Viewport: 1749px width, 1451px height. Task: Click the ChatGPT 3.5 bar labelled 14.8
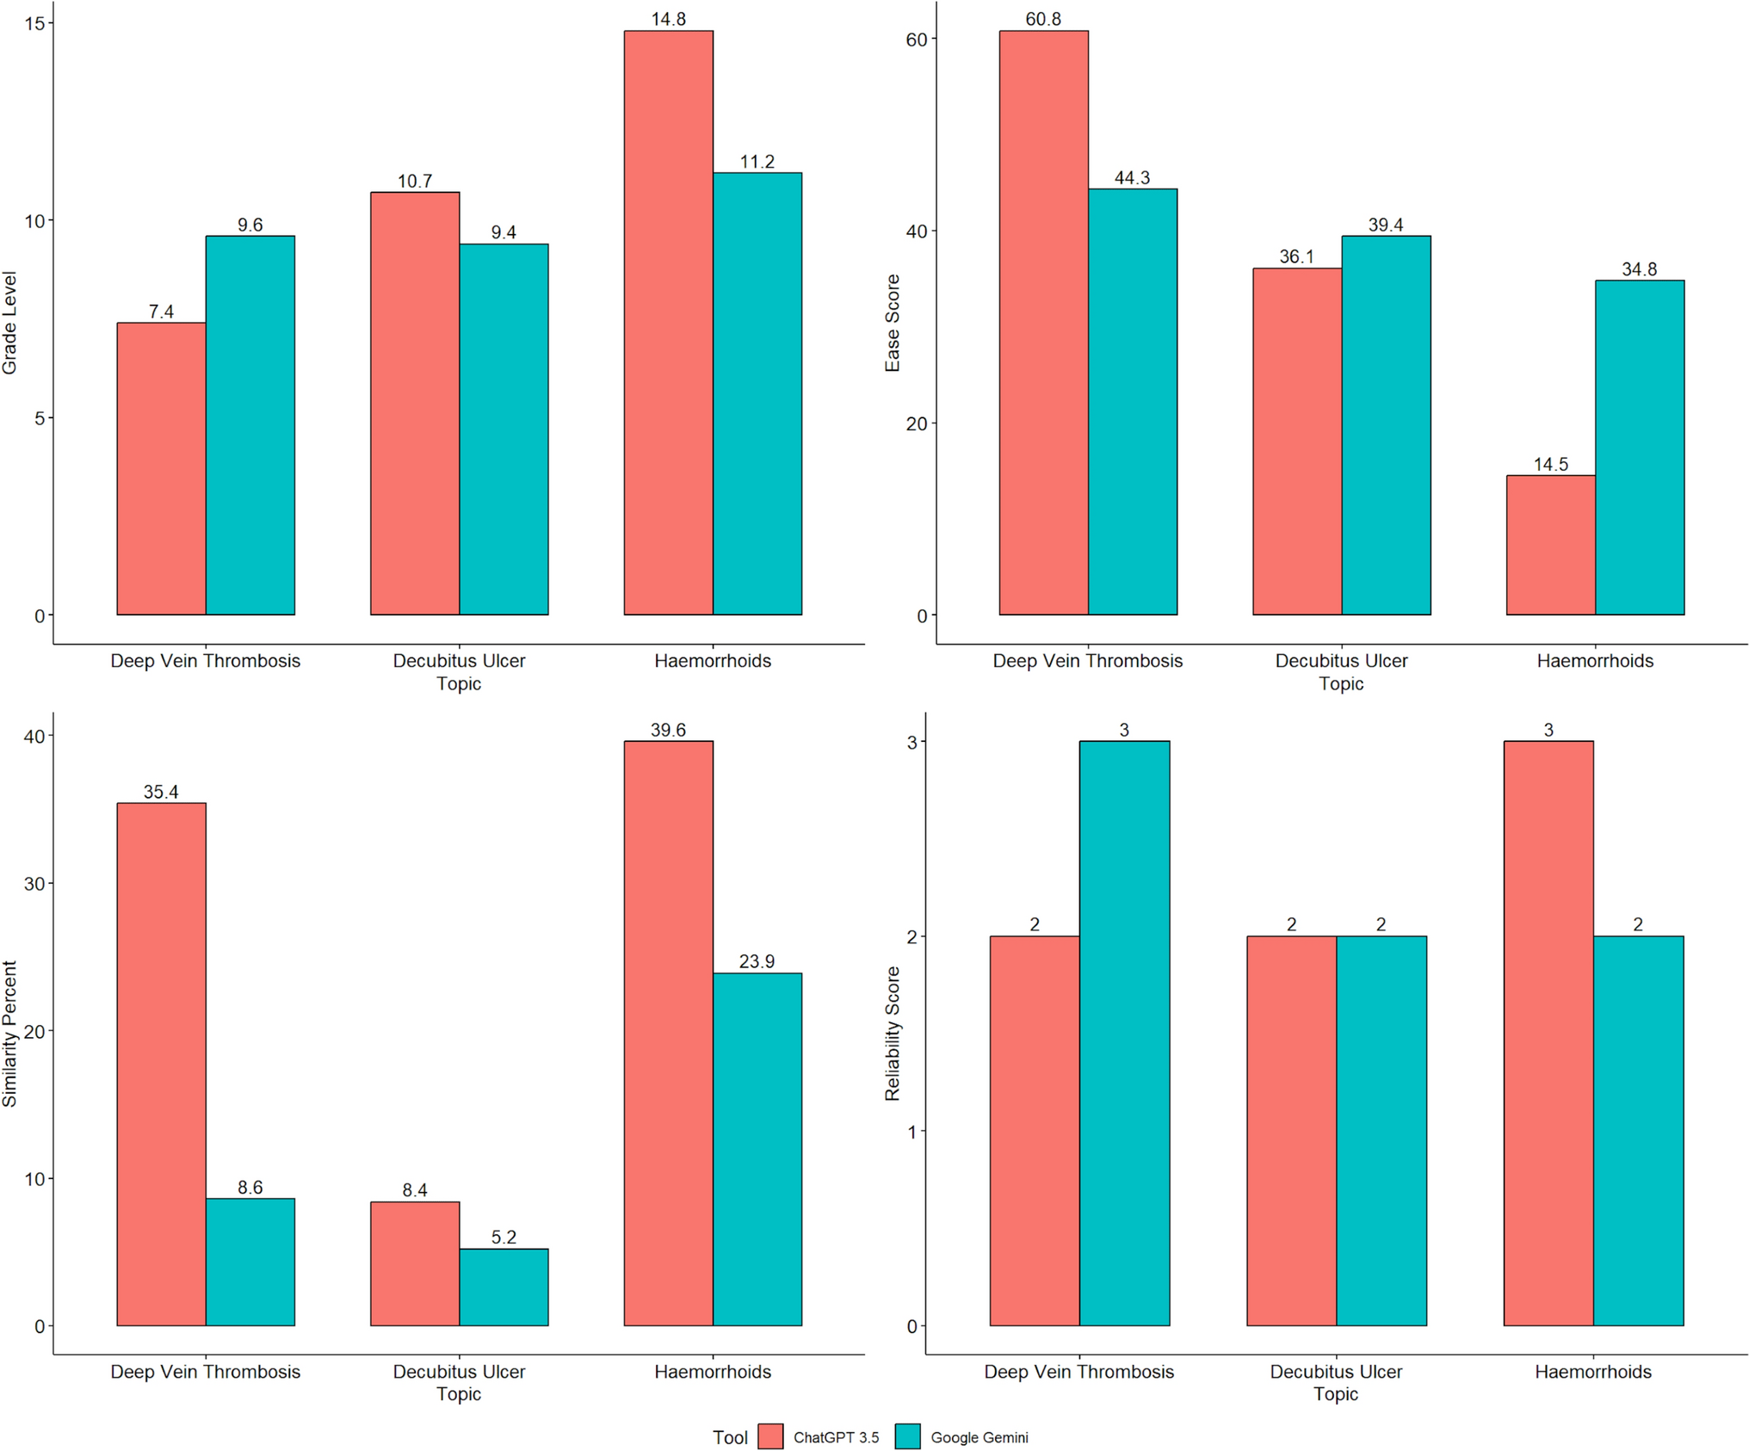coord(668,323)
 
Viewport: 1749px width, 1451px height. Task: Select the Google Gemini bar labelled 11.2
coord(757,393)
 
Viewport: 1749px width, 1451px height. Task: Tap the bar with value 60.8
coord(1043,323)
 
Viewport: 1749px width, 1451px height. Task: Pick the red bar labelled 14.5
coord(1550,545)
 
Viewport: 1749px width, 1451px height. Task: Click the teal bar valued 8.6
coord(250,1262)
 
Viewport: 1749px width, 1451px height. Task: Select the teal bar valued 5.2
coord(504,1287)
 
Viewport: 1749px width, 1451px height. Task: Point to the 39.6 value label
coord(668,730)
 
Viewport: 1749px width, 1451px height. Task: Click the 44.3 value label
coord(1132,178)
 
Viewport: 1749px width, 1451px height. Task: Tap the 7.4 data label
coord(161,312)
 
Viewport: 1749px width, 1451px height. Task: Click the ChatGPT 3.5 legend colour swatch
coord(770,1436)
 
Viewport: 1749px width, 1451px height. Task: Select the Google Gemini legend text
coord(980,1437)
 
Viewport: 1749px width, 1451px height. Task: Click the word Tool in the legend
coord(730,1437)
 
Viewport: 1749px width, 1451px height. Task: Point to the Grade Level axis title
coord(10,323)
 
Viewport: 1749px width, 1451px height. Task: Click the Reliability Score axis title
coord(893,1033)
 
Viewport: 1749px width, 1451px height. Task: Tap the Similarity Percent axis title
coord(10,1033)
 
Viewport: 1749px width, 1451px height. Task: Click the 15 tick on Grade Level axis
coord(34,23)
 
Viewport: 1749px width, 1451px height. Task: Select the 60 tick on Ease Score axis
coord(916,40)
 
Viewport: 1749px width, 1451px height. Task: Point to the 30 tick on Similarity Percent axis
coord(34,884)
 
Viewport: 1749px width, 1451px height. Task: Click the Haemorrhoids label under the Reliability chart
coord(1592,1372)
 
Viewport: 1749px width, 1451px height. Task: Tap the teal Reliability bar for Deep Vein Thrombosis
coord(1124,1033)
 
